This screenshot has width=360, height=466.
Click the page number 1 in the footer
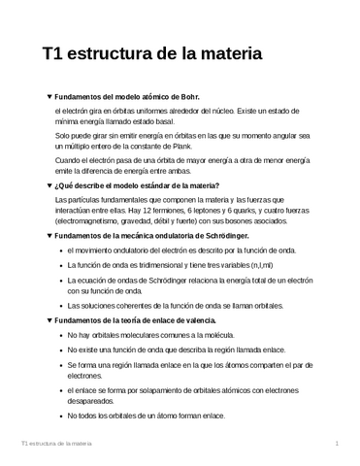336,444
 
